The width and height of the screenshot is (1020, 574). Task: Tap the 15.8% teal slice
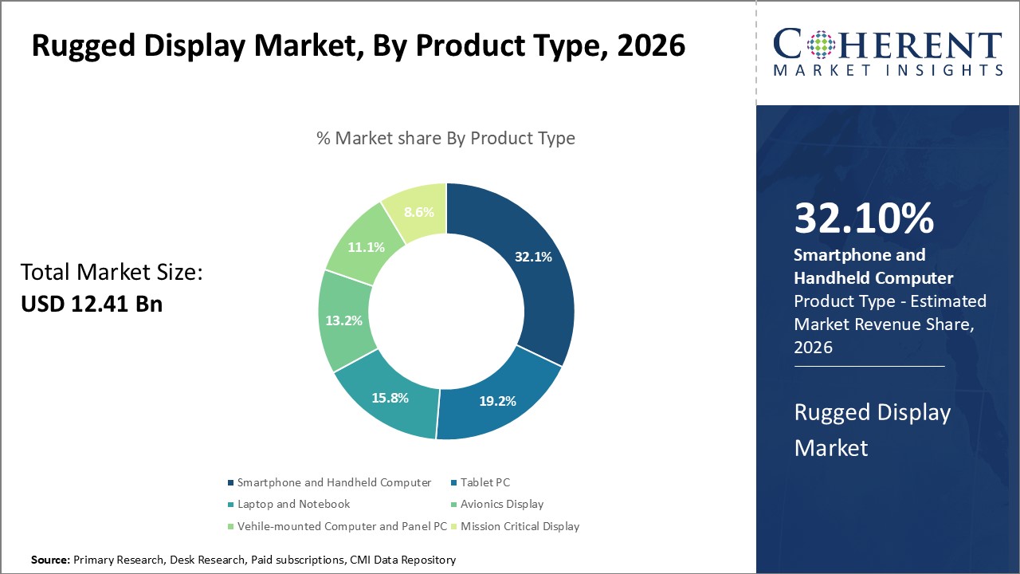pos(390,398)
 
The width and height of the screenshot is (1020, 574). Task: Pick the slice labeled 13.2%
pos(345,320)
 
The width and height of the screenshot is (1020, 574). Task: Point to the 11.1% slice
pos(366,247)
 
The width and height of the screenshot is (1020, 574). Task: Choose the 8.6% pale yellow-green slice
pos(418,211)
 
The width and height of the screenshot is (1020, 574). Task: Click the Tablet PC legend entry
pos(484,482)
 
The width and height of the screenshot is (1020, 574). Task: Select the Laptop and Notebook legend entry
pos(293,504)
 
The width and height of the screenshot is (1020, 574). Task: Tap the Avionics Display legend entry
pos(502,504)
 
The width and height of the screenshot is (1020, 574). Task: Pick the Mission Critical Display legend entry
pos(520,526)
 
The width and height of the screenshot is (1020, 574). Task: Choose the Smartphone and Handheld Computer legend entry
pos(334,482)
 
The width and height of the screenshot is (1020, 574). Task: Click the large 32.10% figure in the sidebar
pos(864,218)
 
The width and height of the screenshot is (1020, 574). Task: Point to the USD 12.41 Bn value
pos(92,303)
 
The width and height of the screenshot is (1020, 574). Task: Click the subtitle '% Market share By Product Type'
pos(445,138)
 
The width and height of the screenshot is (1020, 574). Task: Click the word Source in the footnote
pos(50,560)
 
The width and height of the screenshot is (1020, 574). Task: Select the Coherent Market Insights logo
pos(888,53)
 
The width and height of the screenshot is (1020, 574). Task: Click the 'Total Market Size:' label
pos(112,273)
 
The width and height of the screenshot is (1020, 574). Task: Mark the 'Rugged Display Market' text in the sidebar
pos(873,430)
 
